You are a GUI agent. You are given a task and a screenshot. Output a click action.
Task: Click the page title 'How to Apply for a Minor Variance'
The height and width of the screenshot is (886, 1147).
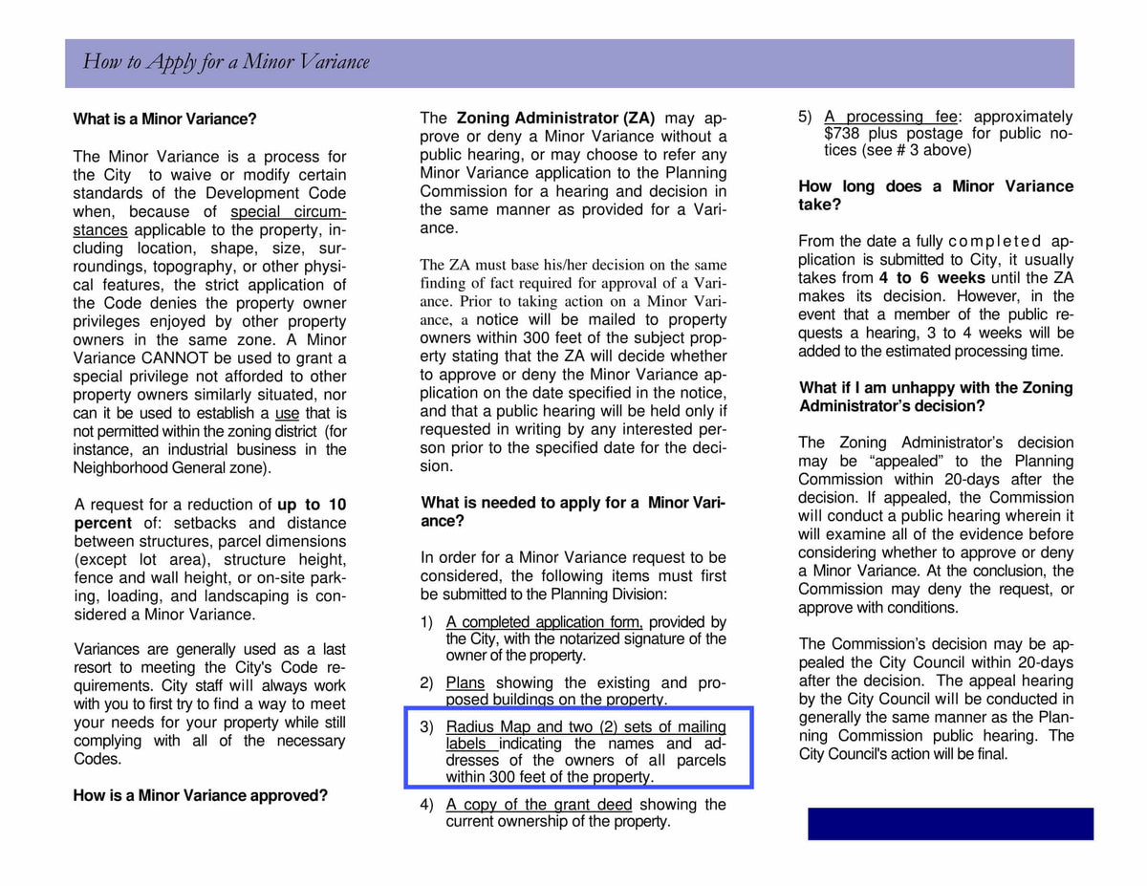coord(226,62)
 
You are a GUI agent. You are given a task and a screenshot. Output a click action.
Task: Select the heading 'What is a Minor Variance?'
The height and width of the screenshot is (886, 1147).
coord(164,119)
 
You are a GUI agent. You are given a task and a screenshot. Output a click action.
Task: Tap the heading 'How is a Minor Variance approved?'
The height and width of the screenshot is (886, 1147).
coord(200,795)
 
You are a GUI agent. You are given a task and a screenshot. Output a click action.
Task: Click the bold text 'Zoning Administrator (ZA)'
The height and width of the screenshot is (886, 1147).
coord(555,119)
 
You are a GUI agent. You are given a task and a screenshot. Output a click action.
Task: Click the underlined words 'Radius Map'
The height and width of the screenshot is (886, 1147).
coord(487,727)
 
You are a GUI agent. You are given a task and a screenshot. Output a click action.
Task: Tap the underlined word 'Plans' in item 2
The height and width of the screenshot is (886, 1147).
coord(465,683)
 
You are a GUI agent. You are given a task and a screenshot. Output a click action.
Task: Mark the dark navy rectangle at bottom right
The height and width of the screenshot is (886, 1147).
coord(950,824)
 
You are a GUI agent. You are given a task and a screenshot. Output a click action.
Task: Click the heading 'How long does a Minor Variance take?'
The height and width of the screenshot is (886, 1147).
coord(936,195)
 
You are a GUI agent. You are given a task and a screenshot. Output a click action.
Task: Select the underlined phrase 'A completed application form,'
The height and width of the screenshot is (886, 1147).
coord(544,622)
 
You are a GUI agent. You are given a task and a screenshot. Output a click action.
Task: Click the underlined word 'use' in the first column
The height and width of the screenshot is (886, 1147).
coord(287,414)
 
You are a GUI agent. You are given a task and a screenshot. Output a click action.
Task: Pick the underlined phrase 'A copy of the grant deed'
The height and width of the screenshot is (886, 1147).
coord(539,805)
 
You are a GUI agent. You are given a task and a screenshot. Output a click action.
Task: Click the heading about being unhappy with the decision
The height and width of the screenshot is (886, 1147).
coord(936,397)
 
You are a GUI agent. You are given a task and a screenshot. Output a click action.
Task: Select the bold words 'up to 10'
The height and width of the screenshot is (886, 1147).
coord(312,505)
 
